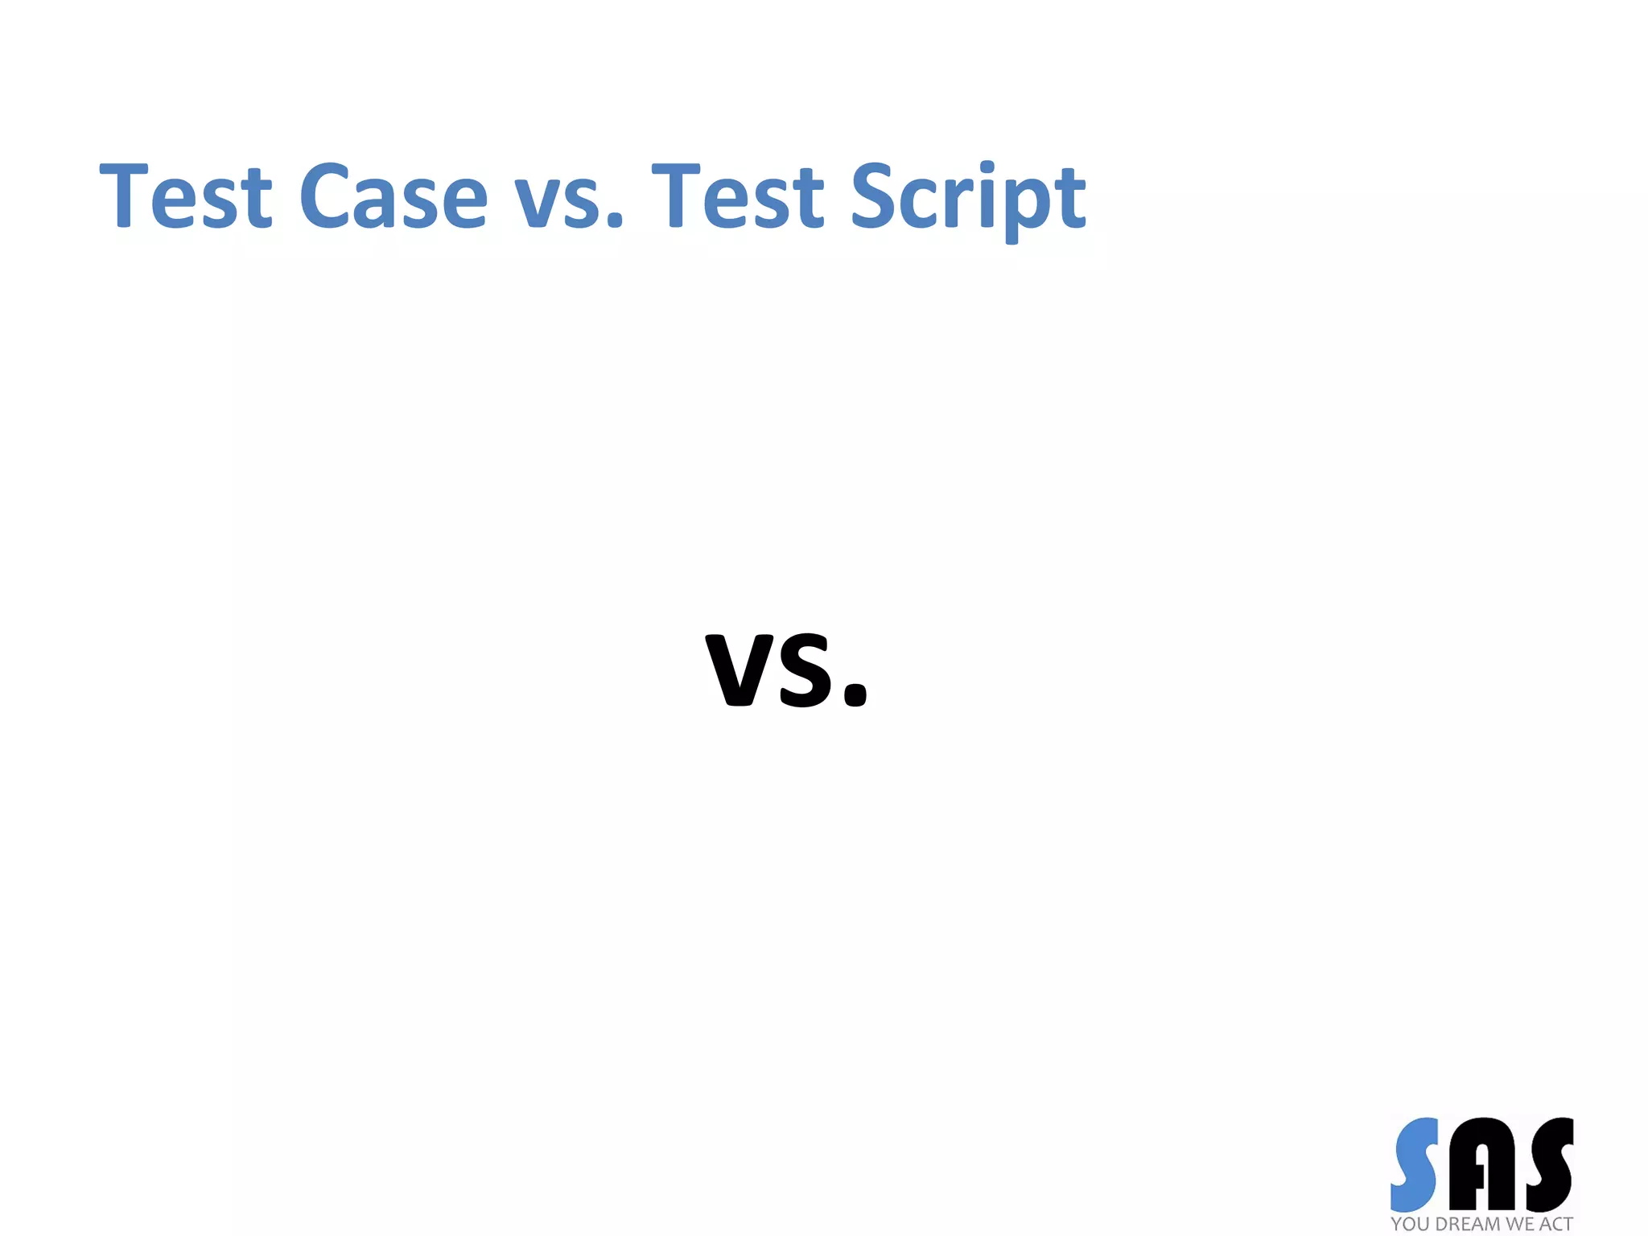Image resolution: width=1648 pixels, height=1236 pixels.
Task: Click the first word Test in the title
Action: [186, 196]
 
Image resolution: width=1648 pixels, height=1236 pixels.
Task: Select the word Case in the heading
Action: [393, 196]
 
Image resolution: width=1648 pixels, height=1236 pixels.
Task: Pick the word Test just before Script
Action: [738, 196]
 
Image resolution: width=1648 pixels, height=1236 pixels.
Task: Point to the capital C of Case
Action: [325, 196]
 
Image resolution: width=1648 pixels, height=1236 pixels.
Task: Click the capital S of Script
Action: [874, 196]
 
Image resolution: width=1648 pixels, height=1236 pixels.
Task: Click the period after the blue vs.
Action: [615, 219]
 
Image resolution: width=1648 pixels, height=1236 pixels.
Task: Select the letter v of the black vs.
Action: [738, 671]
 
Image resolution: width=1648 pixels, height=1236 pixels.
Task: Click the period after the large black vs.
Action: [855, 694]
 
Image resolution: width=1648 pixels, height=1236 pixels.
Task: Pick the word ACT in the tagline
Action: [1556, 1224]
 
